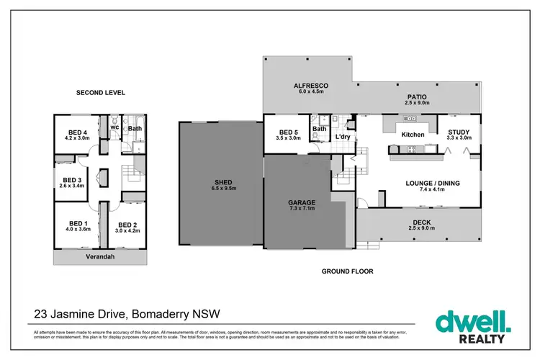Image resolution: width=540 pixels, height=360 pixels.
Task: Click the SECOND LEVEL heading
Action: (101, 93)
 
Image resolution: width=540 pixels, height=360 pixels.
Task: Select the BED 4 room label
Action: (78, 132)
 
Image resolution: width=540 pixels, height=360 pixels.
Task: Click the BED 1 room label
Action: (78, 223)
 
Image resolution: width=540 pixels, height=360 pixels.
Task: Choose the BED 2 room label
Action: (127, 224)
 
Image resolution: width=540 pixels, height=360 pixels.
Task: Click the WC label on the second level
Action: (114, 128)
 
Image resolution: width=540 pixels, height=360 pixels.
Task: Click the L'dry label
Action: (342, 135)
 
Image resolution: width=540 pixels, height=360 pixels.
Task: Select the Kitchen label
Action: (413, 135)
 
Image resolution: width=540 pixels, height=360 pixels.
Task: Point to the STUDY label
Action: (459, 132)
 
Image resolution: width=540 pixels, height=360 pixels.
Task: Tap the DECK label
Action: (420, 222)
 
